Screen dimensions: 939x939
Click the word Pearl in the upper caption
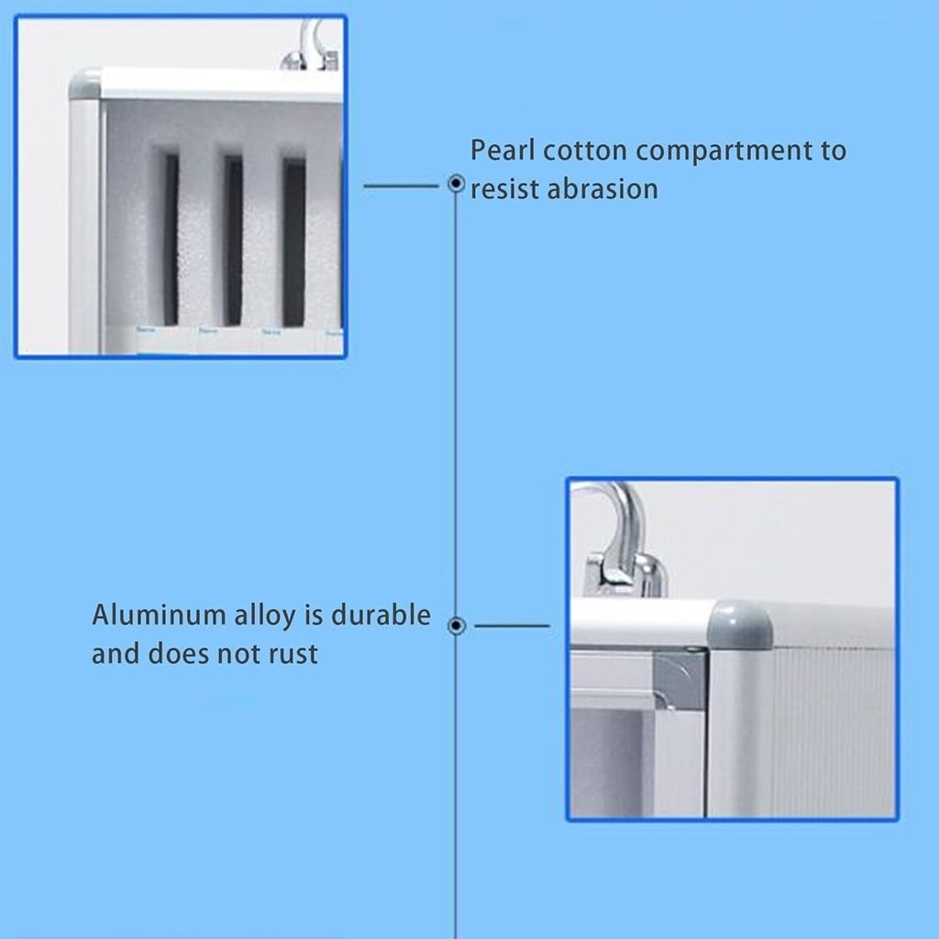click(x=502, y=150)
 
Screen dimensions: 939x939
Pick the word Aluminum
click(x=158, y=615)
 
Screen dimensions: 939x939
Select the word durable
click(x=381, y=615)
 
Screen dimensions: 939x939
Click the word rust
click(x=293, y=654)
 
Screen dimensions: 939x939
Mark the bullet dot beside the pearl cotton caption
click(x=457, y=183)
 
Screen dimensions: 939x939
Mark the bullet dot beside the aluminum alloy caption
click(x=457, y=625)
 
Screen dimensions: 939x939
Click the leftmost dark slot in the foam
click(x=171, y=239)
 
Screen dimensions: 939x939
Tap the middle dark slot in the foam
click(x=233, y=240)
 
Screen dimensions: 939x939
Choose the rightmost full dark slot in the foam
click(x=293, y=242)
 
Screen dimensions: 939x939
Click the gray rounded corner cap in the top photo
click(x=84, y=83)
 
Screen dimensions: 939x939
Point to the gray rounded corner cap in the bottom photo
click(x=740, y=624)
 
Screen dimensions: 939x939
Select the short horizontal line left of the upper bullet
click(x=401, y=186)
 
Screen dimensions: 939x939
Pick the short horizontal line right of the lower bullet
click(x=512, y=625)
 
